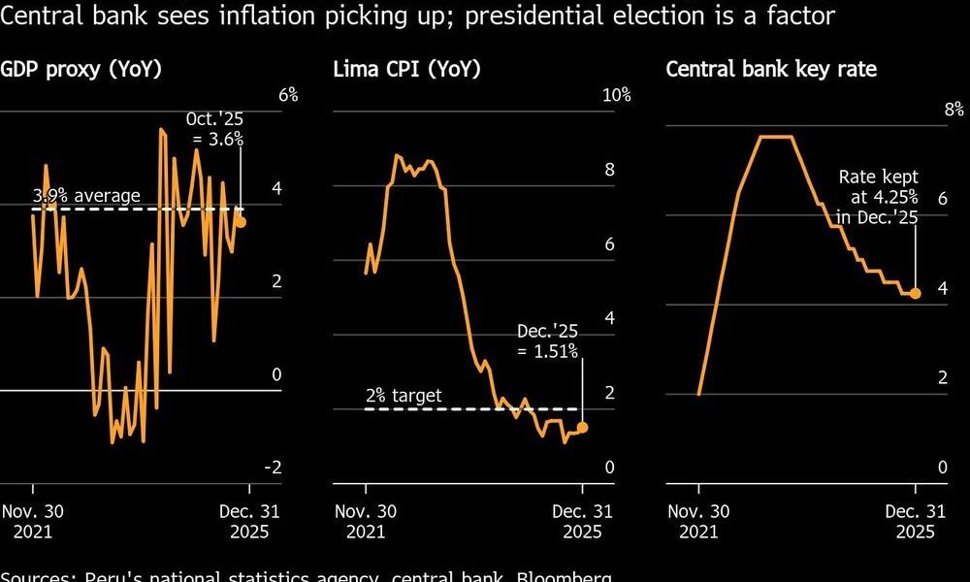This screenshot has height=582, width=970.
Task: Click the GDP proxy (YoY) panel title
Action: pyautogui.click(x=81, y=69)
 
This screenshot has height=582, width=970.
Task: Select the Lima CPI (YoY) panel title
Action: pyautogui.click(x=406, y=69)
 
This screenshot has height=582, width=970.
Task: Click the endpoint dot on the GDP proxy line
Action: pyautogui.click(x=241, y=222)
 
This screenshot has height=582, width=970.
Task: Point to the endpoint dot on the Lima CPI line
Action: pyautogui.click(x=582, y=427)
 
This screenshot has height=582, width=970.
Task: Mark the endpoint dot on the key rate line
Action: pyautogui.click(x=915, y=293)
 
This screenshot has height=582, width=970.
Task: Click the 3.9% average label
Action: pyautogui.click(x=86, y=196)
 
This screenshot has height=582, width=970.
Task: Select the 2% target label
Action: pyautogui.click(x=403, y=395)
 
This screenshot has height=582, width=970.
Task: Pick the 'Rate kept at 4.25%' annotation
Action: pyautogui.click(x=878, y=197)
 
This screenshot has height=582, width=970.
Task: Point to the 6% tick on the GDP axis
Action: pyautogui.click(x=288, y=95)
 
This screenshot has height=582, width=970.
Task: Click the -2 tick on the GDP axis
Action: pyautogui.click(x=273, y=468)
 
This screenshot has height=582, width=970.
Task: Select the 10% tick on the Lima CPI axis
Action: pyautogui.click(x=617, y=95)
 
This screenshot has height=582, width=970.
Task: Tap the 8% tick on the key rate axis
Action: pyautogui.click(x=954, y=109)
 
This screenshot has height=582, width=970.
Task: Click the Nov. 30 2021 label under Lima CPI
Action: pyautogui.click(x=366, y=522)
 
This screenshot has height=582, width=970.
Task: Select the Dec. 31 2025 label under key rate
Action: pyautogui.click(x=915, y=522)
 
